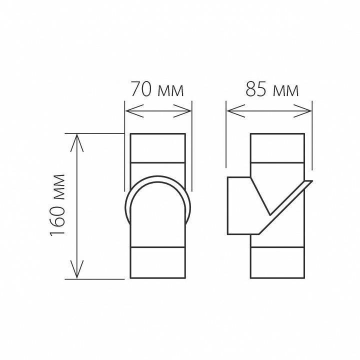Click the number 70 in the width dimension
pyautogui.click(x=141, y=90)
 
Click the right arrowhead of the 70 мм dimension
pyautogui.click(x=186, y=110)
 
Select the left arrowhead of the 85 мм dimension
pyautogui.click(x=232, y=110)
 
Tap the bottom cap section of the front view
pyautogui.click(x=157, y=262)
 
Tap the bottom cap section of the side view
pyautogui.click(x=277, y=262)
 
